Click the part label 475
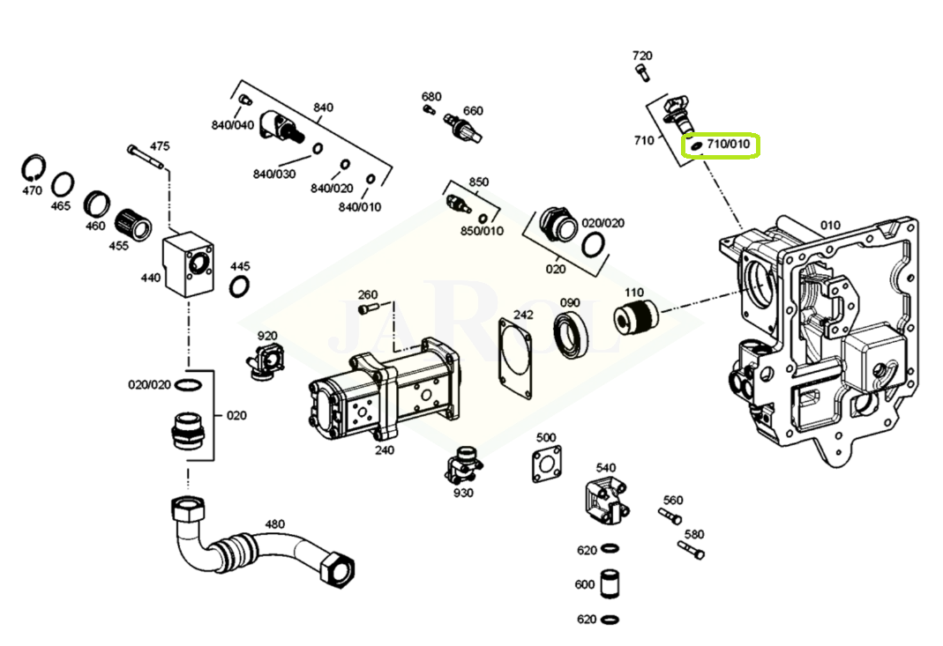click(x=159, y=146)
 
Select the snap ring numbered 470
click(x=34, y=167)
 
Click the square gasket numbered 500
click(x=546, y=466)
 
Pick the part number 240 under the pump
click(x=384, y=450)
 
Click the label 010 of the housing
click(x=830, y=225)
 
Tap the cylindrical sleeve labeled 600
click(x=609, y=584)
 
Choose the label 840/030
click(x=273, y=174)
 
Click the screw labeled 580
click(x=692, y=551)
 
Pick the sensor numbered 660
click(x=464, y=128)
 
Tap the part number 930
click(x=463, y=493)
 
